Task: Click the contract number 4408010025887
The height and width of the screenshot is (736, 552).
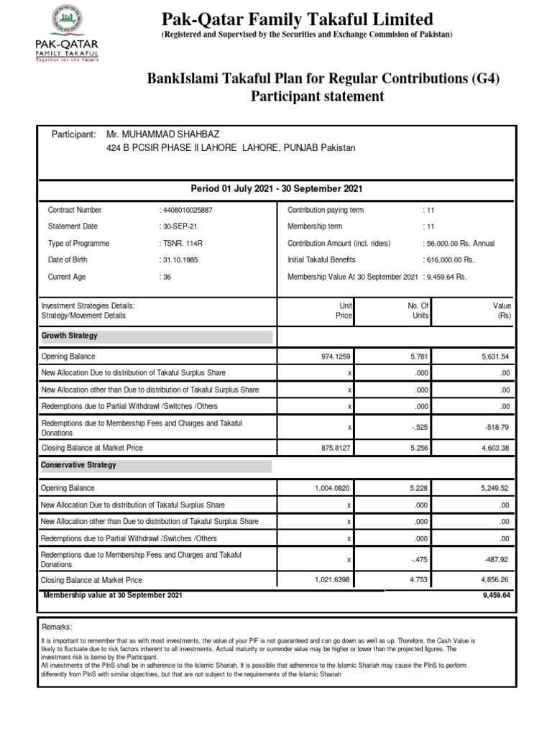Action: (x=186, y=211)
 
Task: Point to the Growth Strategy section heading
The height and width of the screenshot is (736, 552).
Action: (x=70, y=336)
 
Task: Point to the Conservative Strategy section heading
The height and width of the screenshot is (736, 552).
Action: (x=79, y=466)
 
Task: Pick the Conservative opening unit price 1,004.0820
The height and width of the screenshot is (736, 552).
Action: (x=333, y=488)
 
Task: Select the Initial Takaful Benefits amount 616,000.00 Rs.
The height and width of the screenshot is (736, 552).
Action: (x=451, y=260)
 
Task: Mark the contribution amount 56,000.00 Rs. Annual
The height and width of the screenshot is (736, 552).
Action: (x=461, y=244)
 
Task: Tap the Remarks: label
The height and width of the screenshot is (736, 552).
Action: (x=57, y=627)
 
